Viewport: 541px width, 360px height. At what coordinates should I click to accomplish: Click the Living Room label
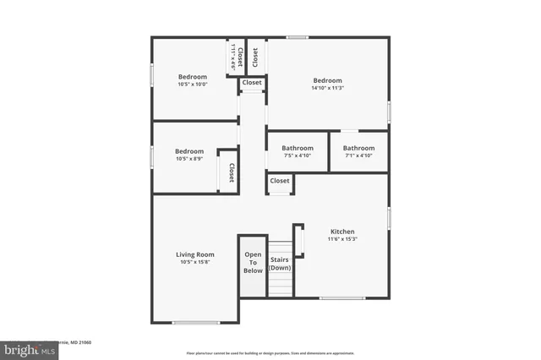pyautogui.click(x=194, y=254)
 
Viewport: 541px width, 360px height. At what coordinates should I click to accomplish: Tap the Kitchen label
pyautogui.click(x=342, y=232)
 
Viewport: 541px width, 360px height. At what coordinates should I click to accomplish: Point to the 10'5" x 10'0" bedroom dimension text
pyautogui.click(x=192, y=85)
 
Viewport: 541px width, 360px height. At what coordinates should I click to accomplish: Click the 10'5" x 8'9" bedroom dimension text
pyautogui.click(x=189, y=159)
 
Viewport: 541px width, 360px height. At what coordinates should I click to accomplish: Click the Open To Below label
pyautogui.click(x=253, y=262)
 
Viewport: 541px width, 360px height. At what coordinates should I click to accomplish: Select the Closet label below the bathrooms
pyautogui.click(x=280, y=181)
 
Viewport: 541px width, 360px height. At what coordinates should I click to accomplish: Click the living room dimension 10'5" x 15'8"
pyautogui.click(x=194, y=262)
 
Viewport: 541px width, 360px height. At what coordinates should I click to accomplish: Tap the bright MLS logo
pyautogui.click(x=26, y=348)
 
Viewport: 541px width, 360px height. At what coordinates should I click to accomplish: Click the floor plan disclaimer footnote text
pyautogui.click(x=270, y=353)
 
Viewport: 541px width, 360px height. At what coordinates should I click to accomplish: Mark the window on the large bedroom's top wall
pyautogui.click(x=296, y=37)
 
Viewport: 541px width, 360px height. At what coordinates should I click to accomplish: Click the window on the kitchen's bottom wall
pyautogui.click(x=342, y=298)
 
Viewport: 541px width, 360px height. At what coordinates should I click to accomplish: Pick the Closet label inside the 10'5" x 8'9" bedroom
pyautogui.click(x=231, y=172)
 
